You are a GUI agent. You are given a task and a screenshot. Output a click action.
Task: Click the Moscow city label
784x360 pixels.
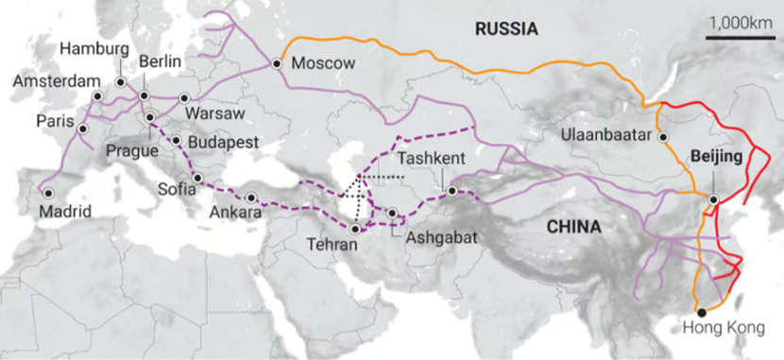[x=322, y=64]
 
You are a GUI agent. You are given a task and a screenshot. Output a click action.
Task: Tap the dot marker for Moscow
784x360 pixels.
[x=277, y=63]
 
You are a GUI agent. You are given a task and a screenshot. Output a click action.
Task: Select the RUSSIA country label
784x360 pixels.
[x=506, y=30]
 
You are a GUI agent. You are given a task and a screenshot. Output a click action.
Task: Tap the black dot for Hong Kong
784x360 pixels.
[x=700, y=312]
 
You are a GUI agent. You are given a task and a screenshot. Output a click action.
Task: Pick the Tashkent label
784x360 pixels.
[x=430, y=158]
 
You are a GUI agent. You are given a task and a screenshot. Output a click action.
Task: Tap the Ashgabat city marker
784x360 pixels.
[x=391, y=214]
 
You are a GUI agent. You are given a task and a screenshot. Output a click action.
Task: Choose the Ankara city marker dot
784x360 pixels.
[x=250, y=197]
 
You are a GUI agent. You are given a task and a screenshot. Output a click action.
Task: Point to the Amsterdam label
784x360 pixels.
[x=55, y=81]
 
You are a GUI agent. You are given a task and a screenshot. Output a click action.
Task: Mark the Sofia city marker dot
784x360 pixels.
[x=197, y=178]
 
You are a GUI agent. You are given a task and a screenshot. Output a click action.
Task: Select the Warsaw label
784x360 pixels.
[x=216, y=113]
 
